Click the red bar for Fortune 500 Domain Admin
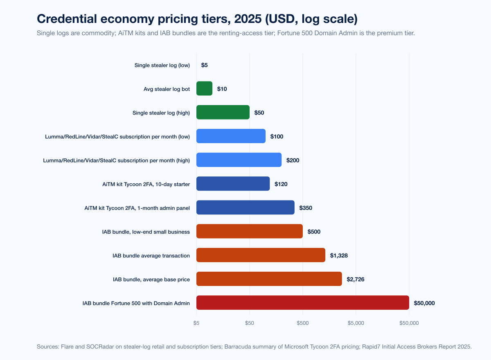302,303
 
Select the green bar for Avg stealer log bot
204,88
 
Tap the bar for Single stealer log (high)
223,112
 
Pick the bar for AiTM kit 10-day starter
233,184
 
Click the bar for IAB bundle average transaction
261,255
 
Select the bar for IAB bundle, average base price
269,279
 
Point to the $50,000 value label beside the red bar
424,303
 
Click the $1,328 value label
339,256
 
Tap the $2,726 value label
355,279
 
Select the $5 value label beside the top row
205,65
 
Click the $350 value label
306,208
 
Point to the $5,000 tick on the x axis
356,323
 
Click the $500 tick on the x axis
303,323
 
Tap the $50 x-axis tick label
250,323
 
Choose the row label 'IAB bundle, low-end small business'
146,232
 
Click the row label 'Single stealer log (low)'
162,65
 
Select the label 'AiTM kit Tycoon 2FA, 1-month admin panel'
137,208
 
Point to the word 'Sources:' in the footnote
47,346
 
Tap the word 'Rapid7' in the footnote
371,346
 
